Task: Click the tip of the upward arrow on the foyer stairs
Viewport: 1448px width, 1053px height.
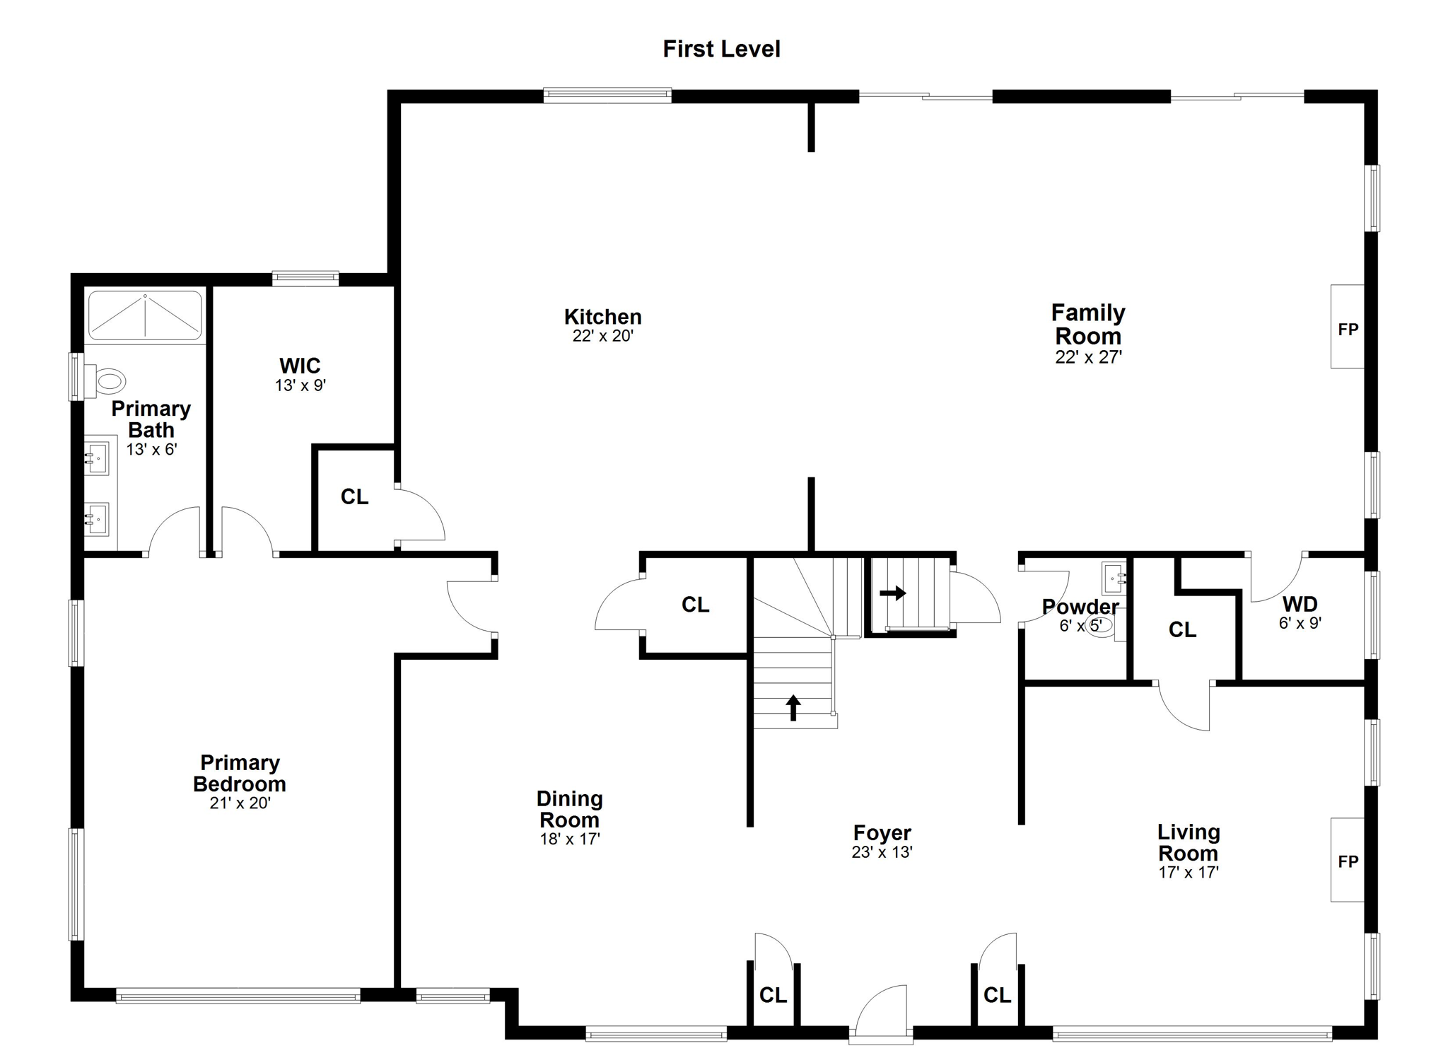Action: coord(793,695)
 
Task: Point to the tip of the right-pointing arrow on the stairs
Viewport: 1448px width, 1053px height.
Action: coord(906,593)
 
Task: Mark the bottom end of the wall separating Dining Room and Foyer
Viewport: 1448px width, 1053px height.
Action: coord(750,826)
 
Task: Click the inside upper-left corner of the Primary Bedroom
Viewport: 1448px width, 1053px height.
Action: coord(85,558)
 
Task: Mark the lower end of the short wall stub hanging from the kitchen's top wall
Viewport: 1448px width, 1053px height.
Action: coord(811,151)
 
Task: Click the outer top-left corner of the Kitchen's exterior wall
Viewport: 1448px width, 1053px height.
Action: coord(388,91)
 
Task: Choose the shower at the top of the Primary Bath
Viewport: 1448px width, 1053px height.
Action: coord(145,315)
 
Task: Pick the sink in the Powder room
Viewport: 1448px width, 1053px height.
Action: coord(1114,578)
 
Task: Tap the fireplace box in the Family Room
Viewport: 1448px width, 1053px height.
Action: coord(1347,327)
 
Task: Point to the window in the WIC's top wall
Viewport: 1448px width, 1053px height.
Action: coord(305,279)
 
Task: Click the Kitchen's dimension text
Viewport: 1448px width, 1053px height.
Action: coord(602,336)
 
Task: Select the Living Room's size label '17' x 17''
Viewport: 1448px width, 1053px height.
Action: coord(1189,873)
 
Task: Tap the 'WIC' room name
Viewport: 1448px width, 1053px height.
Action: coord(300,366)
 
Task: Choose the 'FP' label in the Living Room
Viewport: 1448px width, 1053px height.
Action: coord(1348,861)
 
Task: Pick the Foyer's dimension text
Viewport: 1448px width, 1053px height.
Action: coord(882,852)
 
